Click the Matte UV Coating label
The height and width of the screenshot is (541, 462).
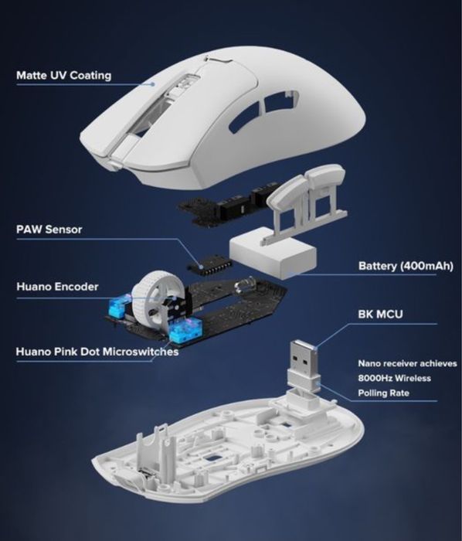(64, 76)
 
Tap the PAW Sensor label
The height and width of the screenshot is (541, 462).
(49, 230)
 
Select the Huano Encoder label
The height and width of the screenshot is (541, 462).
(57, 287)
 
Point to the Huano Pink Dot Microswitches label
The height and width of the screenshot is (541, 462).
(97, 352)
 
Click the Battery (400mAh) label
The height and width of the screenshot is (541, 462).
(405, 266)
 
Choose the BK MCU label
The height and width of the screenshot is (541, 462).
(378, 315)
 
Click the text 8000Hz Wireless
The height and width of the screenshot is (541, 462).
(394, 378)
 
